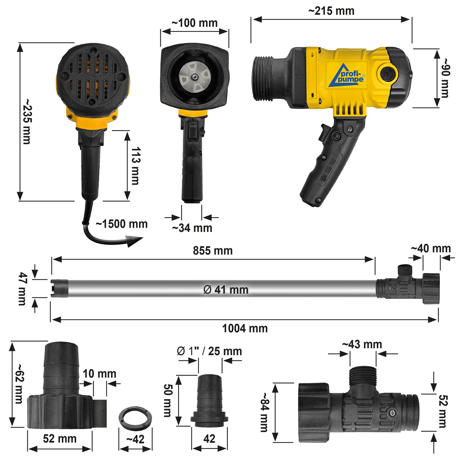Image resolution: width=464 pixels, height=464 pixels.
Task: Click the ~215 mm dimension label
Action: coord(331,11)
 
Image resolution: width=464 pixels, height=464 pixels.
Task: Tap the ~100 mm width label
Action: coord(195,23)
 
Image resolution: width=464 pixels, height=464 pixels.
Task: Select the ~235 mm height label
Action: coord(27,122)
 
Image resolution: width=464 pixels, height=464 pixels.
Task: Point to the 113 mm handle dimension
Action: coord(135,166)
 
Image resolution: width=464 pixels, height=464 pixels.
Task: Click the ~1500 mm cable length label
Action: coord(122,224)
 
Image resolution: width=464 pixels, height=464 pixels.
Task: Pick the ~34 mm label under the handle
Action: coord(192,228)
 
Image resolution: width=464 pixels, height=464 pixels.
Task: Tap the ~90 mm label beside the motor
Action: coord(445,78)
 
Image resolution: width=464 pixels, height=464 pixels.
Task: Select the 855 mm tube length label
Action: coord(213,251)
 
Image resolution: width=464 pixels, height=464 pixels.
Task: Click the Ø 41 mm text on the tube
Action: coord(226,290)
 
